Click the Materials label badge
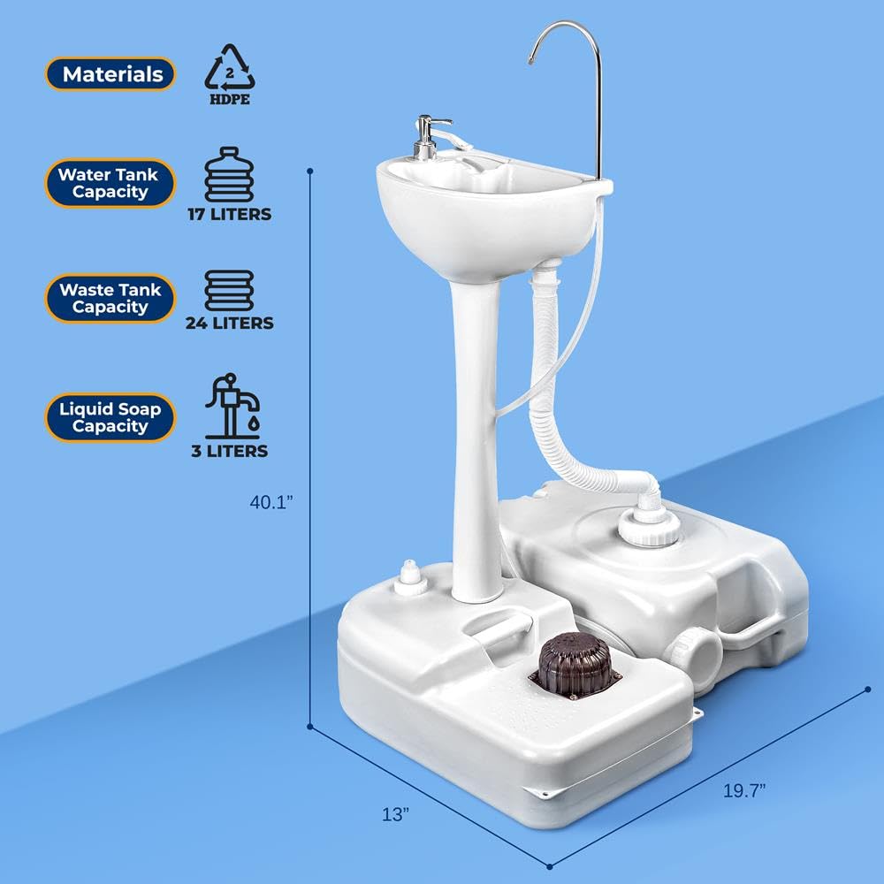tap(110, 74)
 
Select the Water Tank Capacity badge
tap(110, 183)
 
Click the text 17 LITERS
tap(230, 214)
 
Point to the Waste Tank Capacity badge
tap(110, 298)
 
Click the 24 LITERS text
tap(230, 323)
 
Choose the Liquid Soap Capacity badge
tap(110, 417)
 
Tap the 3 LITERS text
tap(230, 451)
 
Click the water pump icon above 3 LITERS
tap(232, 406)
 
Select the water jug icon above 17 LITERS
tap(229, 175)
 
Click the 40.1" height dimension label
tap(271, 502)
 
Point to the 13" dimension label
tap(396, 813)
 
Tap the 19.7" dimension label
tap(744, 790)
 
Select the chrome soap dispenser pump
tap(431, 137)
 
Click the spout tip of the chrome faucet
tap(530, 60)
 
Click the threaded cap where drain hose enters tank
tap(648, 526)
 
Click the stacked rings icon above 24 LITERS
tap(229, 290)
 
